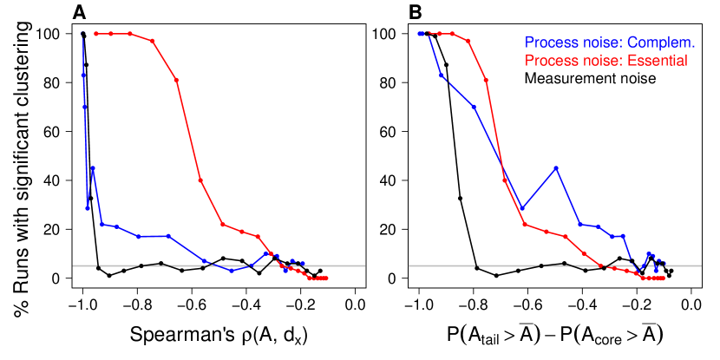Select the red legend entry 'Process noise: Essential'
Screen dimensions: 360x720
coord(605,61)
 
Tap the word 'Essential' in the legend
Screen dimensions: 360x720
coord(658,61)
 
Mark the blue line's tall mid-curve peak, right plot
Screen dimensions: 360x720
coord(556,167)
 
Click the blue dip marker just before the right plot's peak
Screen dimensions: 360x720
coord(522,210)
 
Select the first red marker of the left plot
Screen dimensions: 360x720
coord(95,34)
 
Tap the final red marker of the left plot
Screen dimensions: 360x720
coord(326,278)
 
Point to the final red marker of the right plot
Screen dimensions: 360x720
coord(664,278)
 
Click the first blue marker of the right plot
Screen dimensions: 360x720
coord(419,34)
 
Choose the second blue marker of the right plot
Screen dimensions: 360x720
coord(442,75)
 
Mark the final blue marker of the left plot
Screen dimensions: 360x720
coord(303,263)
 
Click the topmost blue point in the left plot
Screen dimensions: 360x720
coord(83,35)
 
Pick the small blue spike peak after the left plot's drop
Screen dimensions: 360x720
coord(93,167)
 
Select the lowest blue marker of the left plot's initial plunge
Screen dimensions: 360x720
coord(88,208)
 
